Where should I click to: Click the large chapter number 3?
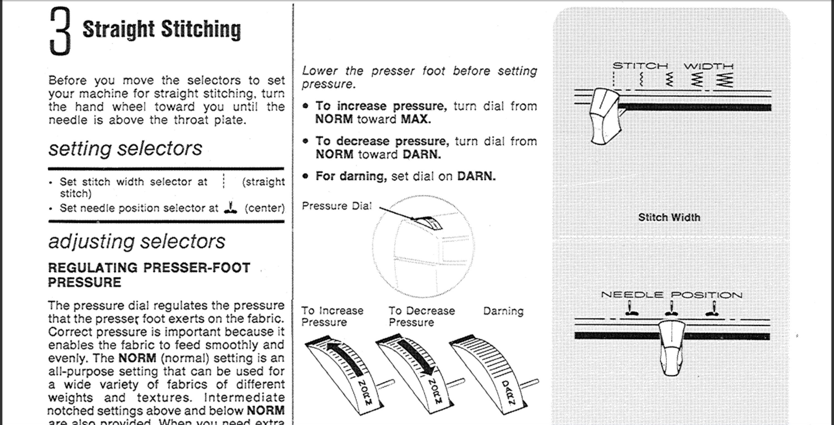[60, 31]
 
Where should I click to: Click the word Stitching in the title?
[201, 29]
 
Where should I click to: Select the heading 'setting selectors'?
[125, 149]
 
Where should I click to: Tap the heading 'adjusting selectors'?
[136, 242]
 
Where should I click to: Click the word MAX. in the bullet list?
[416, 119]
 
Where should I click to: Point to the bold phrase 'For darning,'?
[351, 176]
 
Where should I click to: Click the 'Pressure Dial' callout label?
[337, 206]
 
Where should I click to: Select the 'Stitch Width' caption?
[669, 217]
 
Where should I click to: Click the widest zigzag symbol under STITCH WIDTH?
[724, 79]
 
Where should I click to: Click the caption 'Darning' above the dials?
[503, 311]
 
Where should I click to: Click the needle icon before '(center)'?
[230, 207]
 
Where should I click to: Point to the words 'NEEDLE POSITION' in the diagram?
[671, 295]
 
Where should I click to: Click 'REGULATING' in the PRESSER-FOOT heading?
[93, 268]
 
